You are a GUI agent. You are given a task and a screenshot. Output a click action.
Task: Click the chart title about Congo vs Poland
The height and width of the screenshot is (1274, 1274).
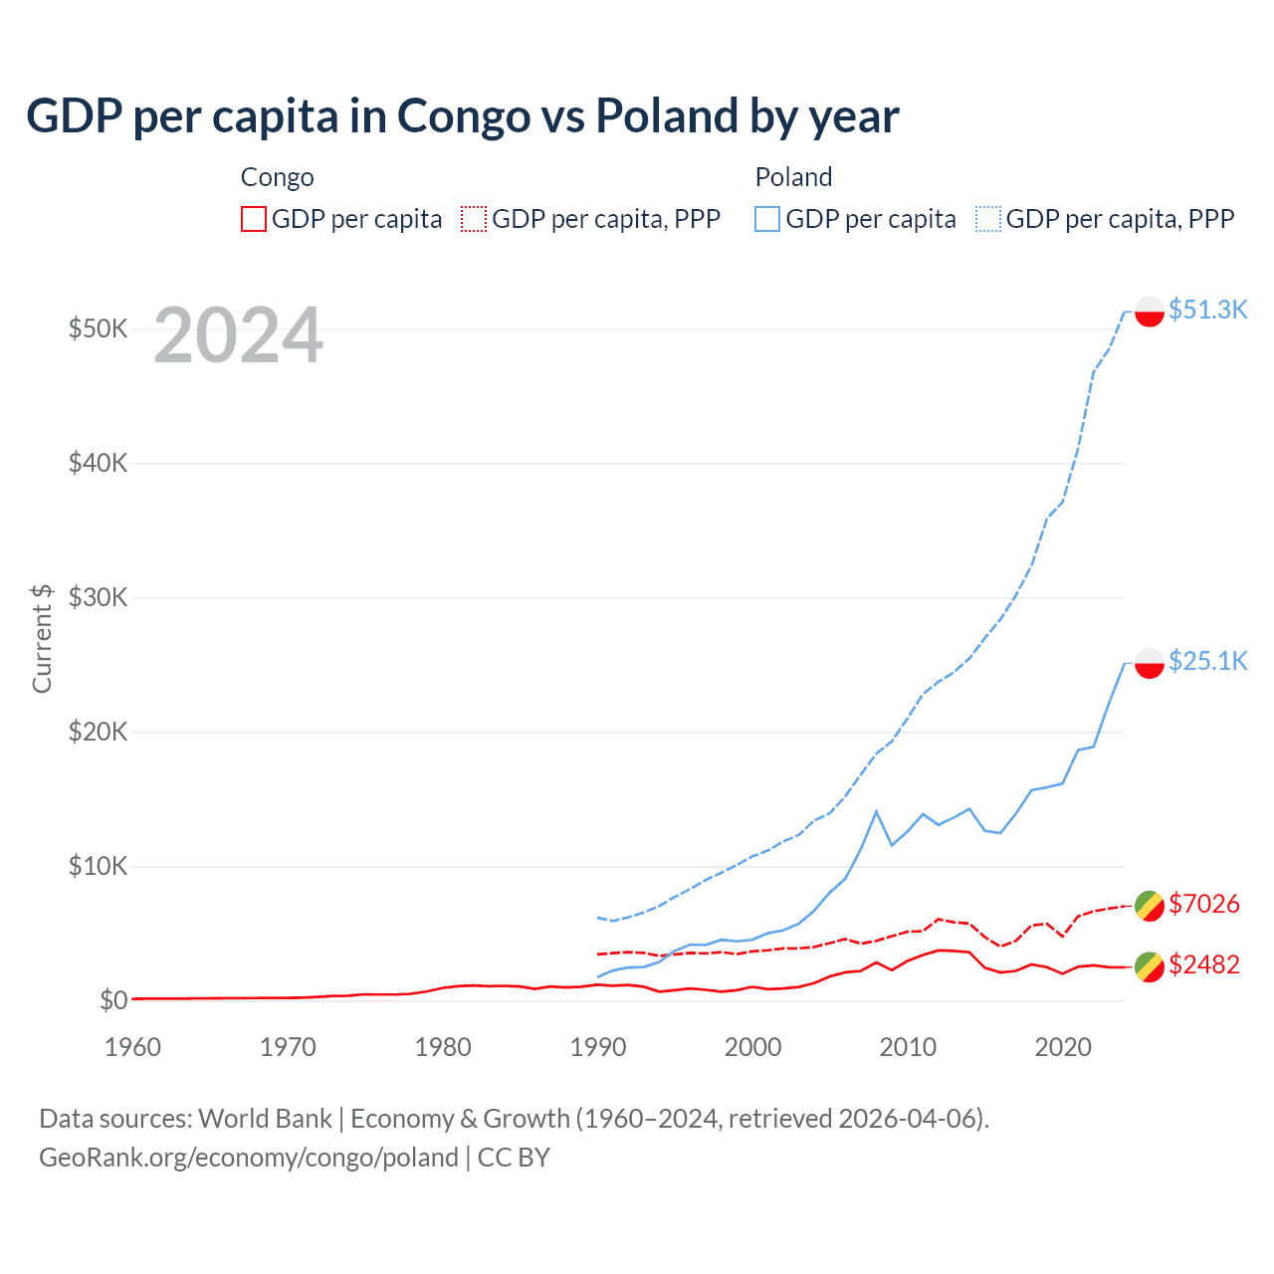click(x=462, y=115)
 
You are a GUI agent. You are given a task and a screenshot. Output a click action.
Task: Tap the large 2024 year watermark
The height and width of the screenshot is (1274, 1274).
click(x=238, y=335)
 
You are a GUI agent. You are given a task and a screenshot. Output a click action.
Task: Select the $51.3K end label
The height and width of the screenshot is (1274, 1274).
click(x=1207, y=310)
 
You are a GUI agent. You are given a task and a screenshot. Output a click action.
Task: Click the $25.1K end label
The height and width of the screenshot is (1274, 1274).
click(x=1207, y=661)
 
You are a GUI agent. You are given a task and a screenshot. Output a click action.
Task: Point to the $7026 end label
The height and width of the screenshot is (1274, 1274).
click(x=1203, y=904)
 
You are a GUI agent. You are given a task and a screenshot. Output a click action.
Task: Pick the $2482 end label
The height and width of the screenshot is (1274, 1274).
click(x=1203, y=964)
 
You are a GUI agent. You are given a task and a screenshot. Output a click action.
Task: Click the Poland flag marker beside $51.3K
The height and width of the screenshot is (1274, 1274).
click(x=1150, y=312)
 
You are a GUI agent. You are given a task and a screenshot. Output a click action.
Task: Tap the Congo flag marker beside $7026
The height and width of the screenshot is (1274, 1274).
click(x=1150, y=906)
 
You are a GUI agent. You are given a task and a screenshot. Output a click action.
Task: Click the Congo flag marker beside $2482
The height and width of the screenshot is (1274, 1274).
click(x=1150, y=966)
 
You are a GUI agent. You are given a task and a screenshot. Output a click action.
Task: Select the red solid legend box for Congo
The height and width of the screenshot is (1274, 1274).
click(x=254, y=219)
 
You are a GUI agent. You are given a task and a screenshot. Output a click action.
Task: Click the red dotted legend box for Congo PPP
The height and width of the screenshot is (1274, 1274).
click(x=474, y=219)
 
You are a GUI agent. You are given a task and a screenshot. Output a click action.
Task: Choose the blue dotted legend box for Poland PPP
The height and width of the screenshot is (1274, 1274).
click(x=988, y=219)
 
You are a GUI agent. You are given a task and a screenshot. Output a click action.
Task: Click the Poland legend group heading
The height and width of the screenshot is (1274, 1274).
click(x=793, y=177)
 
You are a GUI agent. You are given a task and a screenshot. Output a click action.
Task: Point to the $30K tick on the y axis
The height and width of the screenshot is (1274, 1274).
click(x=98, y=597)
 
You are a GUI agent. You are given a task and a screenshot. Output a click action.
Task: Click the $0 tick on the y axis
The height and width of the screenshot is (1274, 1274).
click(x=113, y=1000)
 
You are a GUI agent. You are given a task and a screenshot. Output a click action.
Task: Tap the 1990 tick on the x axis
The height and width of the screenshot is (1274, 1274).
click(x=598, y=1047)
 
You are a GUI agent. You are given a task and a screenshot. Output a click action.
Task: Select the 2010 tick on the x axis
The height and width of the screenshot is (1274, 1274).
click(x=908, y=1047)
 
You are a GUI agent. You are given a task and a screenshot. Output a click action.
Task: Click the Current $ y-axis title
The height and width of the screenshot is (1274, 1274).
click(x=42, y=638)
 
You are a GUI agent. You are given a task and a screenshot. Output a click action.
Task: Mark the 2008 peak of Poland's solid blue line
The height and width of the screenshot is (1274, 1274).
click(x=876, y=812)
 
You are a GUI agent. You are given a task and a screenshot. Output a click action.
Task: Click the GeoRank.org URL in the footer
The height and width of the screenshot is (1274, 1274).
click(x=248, y=1158)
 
